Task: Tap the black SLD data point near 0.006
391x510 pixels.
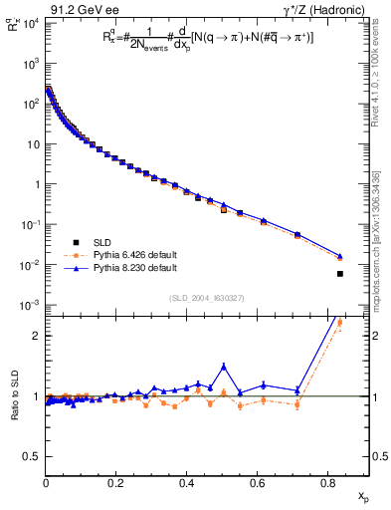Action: click(x=340, y=273)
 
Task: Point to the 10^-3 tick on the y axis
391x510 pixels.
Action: click(x=30, y=305)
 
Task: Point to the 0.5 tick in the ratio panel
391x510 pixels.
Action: click(x=32, y=456)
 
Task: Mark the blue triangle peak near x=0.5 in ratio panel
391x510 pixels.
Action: click(x=224, y=366)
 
